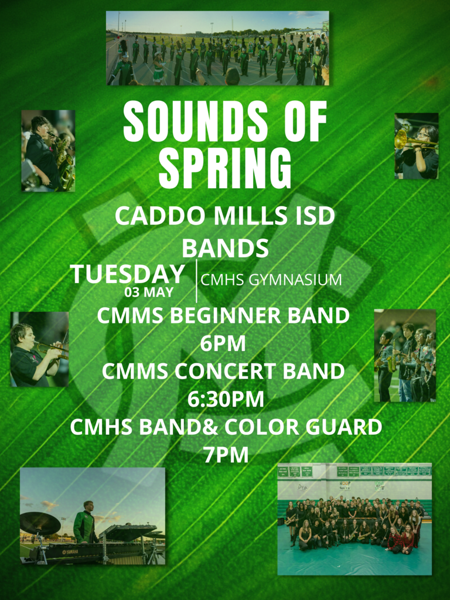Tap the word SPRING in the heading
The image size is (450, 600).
coord(225,168)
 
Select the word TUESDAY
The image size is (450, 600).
coord(127,274)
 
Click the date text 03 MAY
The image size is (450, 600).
coord(149,292)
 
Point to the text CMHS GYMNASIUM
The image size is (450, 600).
coord(271,279)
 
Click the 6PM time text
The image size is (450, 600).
coord(223,343)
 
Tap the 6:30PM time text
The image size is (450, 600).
coord(226,399)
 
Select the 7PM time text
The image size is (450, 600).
coord(226,455)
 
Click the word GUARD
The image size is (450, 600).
coord(345,427)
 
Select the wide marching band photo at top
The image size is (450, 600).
coord(217,48)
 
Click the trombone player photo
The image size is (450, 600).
coord(417,146)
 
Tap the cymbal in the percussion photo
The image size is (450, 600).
coord(40,523)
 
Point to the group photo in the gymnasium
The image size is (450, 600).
coord(354,519)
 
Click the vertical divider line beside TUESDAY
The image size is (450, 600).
coord(196,281)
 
